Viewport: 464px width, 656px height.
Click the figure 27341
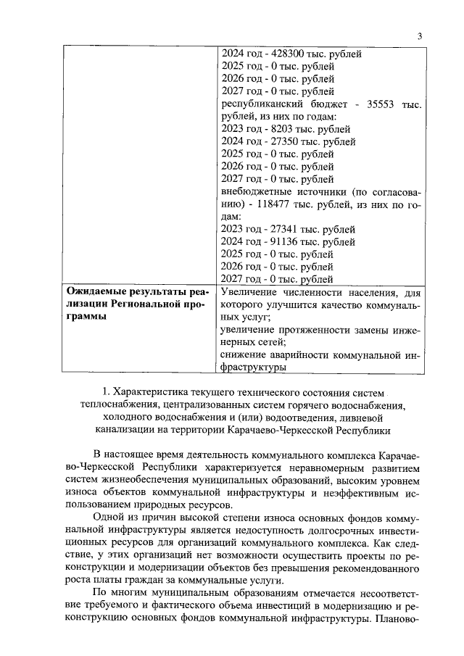pyautogui.click(x=273, y=229)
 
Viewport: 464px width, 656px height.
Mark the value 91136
pyautogui.click(x=273, y=241)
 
